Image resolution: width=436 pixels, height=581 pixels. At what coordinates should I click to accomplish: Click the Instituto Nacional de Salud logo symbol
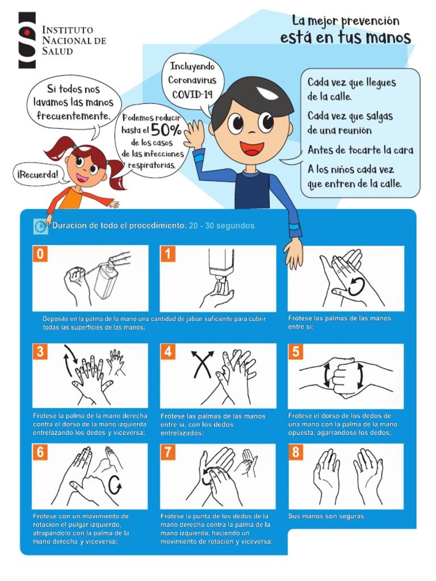point(27,40)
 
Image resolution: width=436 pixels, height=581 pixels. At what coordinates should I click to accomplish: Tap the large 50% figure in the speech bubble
point(166,129)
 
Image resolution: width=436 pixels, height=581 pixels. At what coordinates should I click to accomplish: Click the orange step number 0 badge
point(40,254)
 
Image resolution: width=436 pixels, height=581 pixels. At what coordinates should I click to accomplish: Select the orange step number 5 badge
point(296,351)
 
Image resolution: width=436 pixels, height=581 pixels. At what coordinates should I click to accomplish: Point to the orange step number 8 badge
point(296,452)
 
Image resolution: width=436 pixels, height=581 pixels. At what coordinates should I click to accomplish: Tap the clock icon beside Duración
point(40,226)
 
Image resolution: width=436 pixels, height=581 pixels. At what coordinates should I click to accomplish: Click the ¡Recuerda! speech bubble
point(38,174)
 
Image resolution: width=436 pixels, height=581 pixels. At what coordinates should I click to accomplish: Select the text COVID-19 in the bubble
point(192,94)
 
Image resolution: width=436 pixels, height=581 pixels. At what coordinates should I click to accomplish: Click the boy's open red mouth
point(252,148)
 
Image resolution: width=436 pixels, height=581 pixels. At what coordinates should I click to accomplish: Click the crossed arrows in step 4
point(202,364)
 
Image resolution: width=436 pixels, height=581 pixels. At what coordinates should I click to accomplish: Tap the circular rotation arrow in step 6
point(115,485)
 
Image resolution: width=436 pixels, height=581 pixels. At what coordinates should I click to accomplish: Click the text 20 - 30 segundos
point(222,226)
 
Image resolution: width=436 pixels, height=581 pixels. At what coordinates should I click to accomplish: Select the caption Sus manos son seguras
point(326,516)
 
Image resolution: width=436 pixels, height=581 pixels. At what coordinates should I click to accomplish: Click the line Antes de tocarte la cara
point(360,150)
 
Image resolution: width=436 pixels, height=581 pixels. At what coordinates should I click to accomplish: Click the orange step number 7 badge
point(168,452)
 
